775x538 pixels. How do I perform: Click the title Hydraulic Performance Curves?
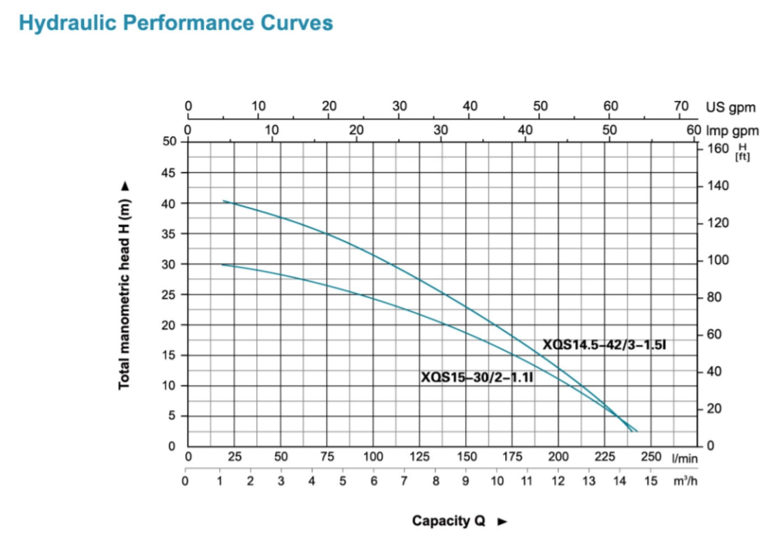point(176,23)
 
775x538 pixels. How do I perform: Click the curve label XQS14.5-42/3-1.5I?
point(604,345)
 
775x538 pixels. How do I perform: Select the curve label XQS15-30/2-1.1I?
point(478,378)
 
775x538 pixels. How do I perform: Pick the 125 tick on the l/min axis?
point(420,457)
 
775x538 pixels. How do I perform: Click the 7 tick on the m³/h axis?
point(404,482)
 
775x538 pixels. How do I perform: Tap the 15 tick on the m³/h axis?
point(652,482)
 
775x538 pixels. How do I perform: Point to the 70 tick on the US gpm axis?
point(681,107)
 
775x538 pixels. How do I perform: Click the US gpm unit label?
point(731,108)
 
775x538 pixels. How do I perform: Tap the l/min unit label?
point(684,458)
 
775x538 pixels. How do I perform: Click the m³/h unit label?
point(684,482)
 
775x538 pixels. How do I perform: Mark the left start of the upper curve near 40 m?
point(224,201)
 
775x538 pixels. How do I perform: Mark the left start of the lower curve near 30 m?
point(222,265)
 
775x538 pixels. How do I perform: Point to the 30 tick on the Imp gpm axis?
point(441,130)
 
